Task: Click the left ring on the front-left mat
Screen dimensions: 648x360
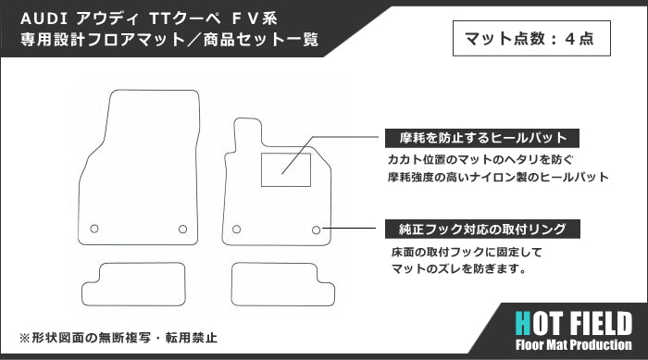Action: [94, 229]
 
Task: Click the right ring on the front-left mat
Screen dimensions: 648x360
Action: [182, 229]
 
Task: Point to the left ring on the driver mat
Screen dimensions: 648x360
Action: [236, 229]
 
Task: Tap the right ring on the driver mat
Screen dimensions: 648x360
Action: [317, 229]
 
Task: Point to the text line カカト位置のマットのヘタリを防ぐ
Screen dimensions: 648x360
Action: [476, 158]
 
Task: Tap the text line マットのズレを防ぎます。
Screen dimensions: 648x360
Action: [459, 270]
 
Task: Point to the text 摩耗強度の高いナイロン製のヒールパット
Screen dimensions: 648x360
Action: [497, 176]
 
